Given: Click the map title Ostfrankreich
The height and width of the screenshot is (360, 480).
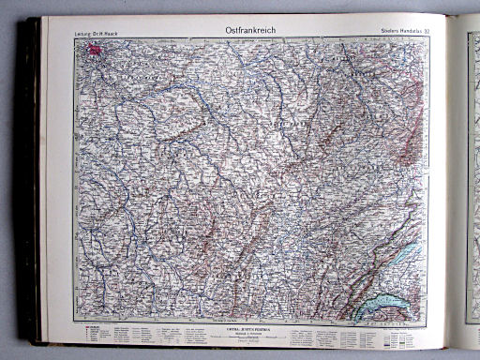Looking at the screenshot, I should [250, 30].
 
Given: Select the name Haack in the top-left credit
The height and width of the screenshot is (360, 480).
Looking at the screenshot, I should [115, 36].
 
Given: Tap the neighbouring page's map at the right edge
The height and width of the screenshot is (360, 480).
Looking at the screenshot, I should [472, 178].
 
